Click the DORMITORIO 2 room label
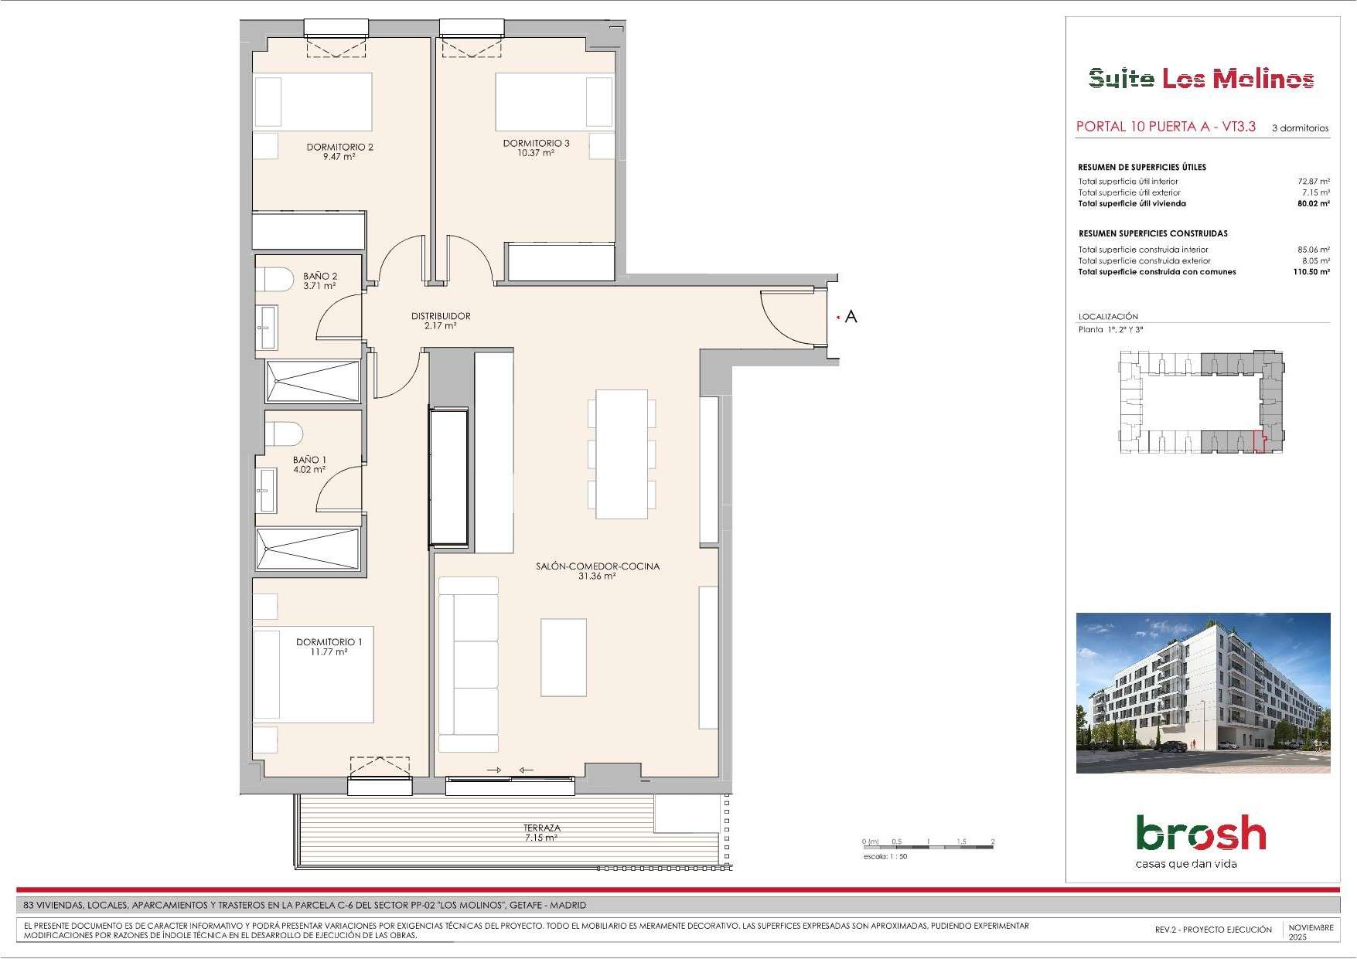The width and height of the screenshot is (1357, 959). coord(340,147)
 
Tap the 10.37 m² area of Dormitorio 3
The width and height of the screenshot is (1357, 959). coord(536,153)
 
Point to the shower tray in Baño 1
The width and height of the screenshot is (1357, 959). coord(308,549)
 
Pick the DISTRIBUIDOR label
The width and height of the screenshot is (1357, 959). coord(441,316)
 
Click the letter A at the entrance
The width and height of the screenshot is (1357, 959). coord(851,316)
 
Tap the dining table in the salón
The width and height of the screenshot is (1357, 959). coord(622,454)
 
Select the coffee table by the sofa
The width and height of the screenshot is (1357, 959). coord(564,658)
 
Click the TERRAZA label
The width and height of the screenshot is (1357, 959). coord(542,828)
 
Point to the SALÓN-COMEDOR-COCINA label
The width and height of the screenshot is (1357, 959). coord(598,566)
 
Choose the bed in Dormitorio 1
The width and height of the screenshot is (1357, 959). coord(313,675)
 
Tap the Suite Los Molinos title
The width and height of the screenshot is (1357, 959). coord(1202,79)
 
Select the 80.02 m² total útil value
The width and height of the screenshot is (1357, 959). coord(1314,204)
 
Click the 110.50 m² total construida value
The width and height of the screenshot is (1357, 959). coord(1311,272)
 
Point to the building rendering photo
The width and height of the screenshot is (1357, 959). coord(1203,693)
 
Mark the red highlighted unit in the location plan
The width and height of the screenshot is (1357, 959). coord(1260,441)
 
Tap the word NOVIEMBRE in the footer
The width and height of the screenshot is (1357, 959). coord(1311,927)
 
